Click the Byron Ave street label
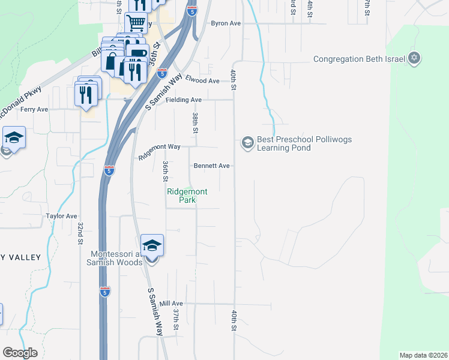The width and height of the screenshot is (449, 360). [x=225, y=24]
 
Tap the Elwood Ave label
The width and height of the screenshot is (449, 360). [x=202, y=80]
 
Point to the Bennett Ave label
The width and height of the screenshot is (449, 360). [x=211, y=166]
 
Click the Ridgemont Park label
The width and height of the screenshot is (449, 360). [x=187, y=196]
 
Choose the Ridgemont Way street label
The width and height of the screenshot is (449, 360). [x=160, y=151]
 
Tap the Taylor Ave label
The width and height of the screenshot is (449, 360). [x=61, y=216]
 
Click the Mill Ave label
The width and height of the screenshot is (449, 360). [x=171, y=304]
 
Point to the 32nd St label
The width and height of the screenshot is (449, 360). [x=80, y=233]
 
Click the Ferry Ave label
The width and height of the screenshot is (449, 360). [x=34, y=110]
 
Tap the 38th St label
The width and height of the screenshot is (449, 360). [x=195, y=122]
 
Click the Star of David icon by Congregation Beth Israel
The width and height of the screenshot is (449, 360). [x=414, y=59]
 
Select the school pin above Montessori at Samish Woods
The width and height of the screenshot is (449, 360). [x=152, y=246]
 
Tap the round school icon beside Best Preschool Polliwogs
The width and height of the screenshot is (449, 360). [x=247, y=143]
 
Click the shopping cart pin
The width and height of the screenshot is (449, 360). [x=136, y=23]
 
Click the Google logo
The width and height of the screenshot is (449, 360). [x=20, y=353]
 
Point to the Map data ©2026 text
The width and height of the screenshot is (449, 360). [x=423, y=355]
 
